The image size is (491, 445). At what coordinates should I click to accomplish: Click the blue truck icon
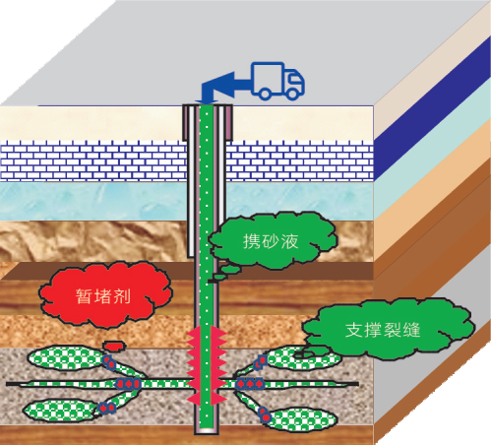(x=277, y=81)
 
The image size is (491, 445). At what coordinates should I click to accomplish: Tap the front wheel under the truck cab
(x=293, y=94)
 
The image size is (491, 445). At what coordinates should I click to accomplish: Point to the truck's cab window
(x=292, y=79)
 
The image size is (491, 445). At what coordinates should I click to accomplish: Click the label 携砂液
(x=271, y=241)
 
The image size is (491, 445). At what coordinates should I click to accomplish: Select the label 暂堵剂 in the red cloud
(x=103, y=296)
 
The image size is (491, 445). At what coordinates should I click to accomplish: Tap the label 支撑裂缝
(x=383, y=330)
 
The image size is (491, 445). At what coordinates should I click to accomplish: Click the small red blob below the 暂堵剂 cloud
(x=114, y=346)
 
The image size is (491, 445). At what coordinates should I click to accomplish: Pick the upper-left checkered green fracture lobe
(x=66, y=357)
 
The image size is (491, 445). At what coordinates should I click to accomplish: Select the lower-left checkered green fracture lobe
(x=61, y=410)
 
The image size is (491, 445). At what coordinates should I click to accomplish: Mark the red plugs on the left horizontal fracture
(x=129, y=383)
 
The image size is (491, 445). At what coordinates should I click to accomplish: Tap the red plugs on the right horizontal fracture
(x=250, y=383)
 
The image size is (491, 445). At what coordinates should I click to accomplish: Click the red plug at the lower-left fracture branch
(x=107, y=408)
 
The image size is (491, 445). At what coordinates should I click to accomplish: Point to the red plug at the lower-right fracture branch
(x=265, y=414)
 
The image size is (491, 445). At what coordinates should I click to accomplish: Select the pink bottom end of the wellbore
(x=207, y=431)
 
